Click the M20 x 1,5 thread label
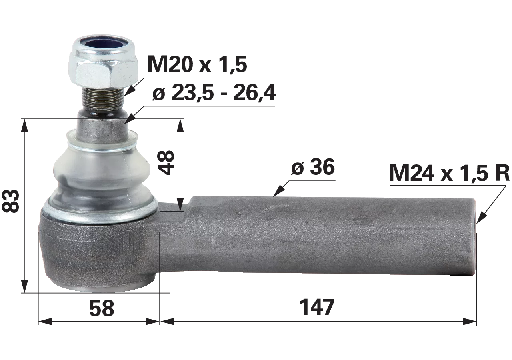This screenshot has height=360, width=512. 197,64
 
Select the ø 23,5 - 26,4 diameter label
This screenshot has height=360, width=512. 214,93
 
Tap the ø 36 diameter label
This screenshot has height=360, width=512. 313,167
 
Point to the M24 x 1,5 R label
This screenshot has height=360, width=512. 450,173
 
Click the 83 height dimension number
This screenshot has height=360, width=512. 10,201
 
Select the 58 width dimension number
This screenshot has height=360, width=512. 102,308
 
